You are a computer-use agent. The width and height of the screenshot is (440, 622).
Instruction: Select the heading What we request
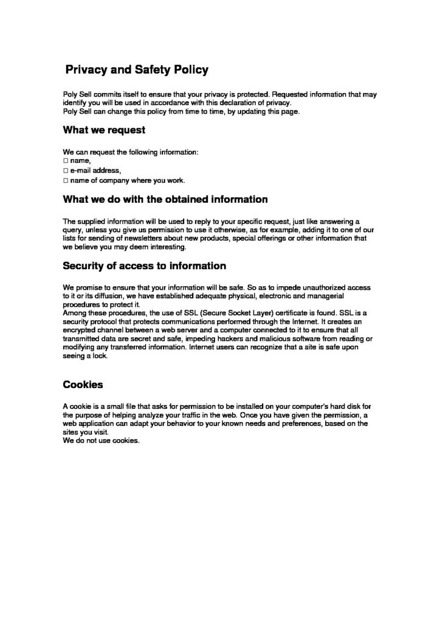point(104,129)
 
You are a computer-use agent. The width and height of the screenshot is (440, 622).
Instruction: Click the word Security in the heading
point(85,266)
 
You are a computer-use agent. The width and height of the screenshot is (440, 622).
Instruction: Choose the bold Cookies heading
point(83,384)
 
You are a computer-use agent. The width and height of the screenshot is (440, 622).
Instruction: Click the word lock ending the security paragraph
point(100,356)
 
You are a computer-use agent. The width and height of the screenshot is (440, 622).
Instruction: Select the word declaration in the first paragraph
point(232,103)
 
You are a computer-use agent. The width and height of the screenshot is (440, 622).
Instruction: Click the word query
point(74,230)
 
